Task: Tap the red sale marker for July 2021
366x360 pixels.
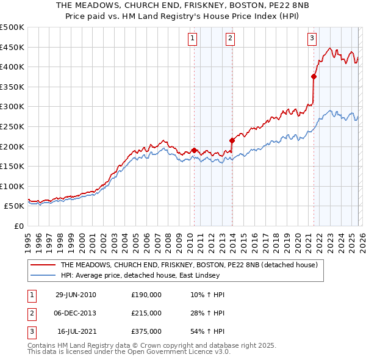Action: coord(314,76)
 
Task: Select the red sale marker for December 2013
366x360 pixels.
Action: coord(232,140)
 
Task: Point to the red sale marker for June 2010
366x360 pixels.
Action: coord(194,150)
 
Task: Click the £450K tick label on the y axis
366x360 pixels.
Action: coord(12,47)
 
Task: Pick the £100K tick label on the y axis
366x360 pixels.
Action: coord(12,186)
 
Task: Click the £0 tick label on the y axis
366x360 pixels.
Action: coord(18,226)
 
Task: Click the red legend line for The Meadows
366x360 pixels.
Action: coord(43,265)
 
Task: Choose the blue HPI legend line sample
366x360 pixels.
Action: coord(43,276)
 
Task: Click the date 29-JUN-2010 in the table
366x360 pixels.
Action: coord(76,295)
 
